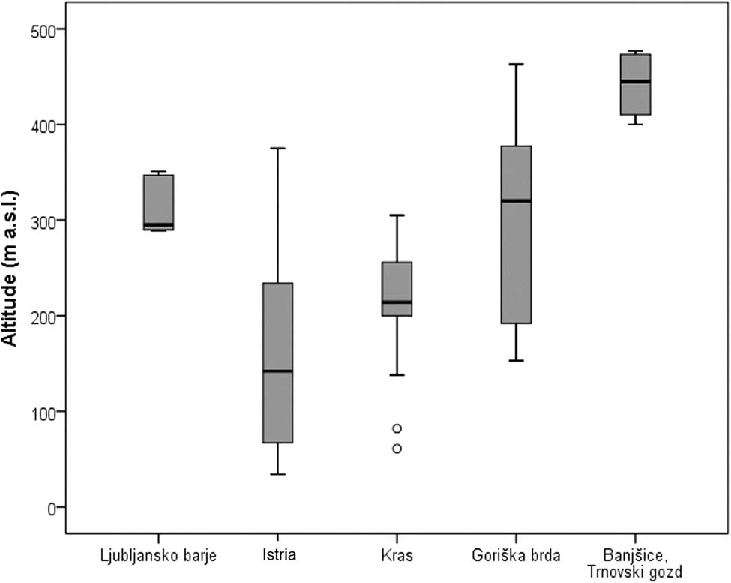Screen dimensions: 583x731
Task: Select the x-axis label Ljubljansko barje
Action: pyautogui.click(x=158, y=557)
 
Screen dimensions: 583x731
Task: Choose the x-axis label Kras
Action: pyautogui.click(x=397, y=557)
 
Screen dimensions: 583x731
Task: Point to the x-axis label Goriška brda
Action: pyautogui.click(x=516, y=557)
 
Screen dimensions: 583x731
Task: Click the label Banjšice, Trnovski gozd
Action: pyautogui.click(x=635, y=564)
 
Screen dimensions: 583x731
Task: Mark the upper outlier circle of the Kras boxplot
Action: pyautogui.click(x=397, y=428)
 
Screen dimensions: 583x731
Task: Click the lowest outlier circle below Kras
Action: pyautogui.click(x=397, y=449)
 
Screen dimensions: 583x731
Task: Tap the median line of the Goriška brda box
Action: pyautogui.click(x=516, y=200)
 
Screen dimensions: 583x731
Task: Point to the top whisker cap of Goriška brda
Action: pyautogui.click(x=516, y=65)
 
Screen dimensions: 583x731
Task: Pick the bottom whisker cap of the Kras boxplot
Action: pyautogui.click(x=397, y=374)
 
